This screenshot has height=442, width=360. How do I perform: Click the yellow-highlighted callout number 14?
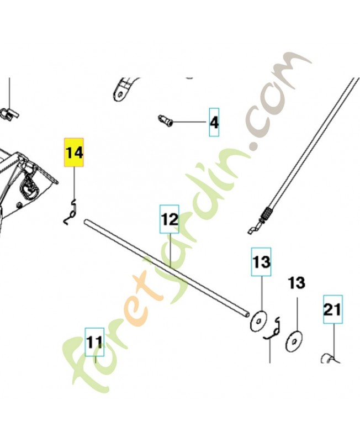tap(74, 152)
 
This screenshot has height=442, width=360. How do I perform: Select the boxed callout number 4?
tap(214, 122)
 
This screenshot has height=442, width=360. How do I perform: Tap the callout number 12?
tap(170, 219)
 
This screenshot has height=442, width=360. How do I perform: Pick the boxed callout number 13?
tap(261, 262)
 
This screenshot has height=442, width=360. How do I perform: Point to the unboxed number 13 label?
tap(297, 283)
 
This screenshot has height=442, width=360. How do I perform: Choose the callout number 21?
tap(333, 309)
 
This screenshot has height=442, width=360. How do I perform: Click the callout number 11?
tap(94, 342)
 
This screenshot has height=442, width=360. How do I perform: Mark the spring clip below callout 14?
tap(71, 212)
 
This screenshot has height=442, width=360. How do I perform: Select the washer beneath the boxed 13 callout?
tap(258, 321)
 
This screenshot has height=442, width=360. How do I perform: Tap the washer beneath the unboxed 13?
tap(294, 341)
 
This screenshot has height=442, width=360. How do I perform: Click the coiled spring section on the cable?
tap(267, 214)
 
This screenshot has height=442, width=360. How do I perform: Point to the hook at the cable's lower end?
tap(255, 229)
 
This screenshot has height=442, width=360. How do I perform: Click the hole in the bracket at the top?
tap(120, 93)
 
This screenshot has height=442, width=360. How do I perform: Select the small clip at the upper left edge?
tap(10, 113)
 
